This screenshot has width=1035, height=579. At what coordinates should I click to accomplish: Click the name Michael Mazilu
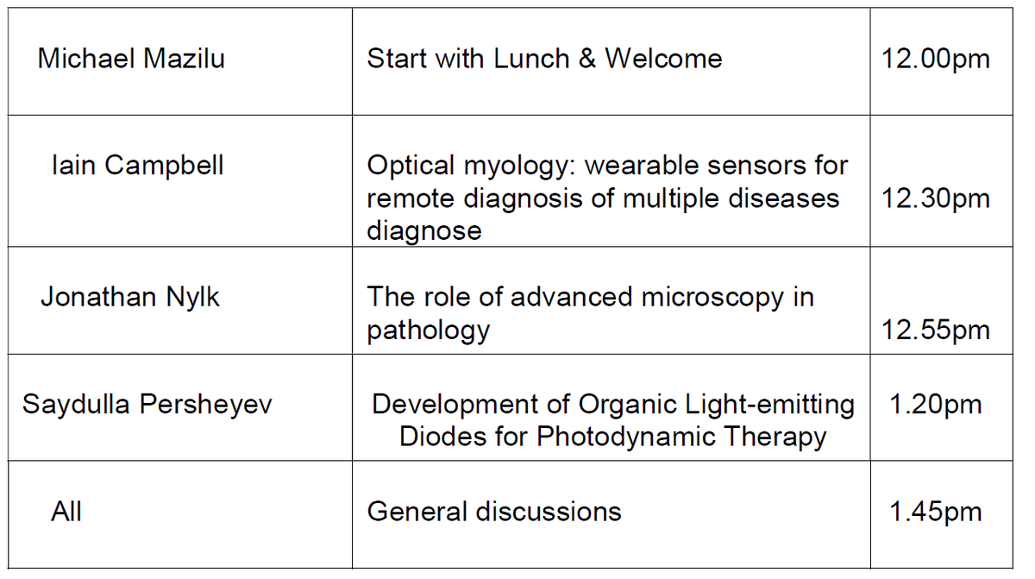(131, 59)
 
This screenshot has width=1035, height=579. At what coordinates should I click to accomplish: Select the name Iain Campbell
(137, 165)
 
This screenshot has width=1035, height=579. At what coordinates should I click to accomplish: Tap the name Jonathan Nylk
(130, 297)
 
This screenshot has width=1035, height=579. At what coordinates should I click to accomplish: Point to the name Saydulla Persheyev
(147, 404)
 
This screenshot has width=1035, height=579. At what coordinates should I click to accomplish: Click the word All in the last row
(66, 511)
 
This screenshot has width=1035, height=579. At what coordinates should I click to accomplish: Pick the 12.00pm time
(935, 59)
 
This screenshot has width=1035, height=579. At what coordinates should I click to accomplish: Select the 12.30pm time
(935, 198)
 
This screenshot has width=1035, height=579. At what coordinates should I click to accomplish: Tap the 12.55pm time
(935, 330)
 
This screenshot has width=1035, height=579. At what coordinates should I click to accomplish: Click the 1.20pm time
(935, 404)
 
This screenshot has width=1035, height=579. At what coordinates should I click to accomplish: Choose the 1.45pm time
(935, 511)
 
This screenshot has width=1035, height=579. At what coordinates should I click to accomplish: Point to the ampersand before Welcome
(587, 59)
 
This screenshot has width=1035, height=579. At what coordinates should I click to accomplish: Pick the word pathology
(428, 330)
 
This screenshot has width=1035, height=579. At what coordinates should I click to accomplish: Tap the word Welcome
(663, 59)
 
